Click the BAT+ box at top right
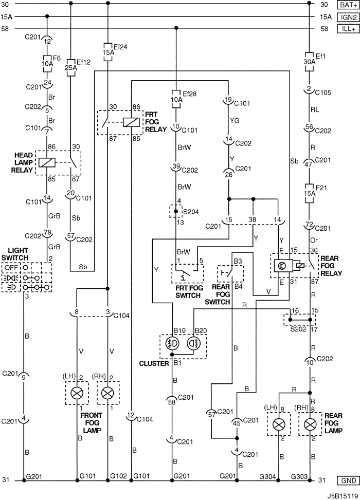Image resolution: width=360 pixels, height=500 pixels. point(348,5)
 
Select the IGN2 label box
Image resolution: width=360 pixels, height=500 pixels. point(348,17)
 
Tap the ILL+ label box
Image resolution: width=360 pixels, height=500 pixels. point(348,29)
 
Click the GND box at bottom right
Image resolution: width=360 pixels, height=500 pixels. point(348,480)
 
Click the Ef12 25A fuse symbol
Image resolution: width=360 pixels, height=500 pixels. point(70,68)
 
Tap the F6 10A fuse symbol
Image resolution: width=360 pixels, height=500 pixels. point(47,63)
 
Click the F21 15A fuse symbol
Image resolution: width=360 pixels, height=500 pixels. point(309,193)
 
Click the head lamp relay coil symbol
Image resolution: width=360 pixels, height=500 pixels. point(47,162)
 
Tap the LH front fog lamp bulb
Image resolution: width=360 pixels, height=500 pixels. point(77,393)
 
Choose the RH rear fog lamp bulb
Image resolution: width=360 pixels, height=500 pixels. point(309,424)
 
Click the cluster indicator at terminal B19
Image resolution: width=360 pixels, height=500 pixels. point(173,343)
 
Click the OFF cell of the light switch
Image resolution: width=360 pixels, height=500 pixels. point(11,267)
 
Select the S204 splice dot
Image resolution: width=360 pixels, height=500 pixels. point(175,211)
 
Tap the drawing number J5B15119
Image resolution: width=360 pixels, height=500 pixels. point(342,496)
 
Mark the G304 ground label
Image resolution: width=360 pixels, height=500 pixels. point(267,476)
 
